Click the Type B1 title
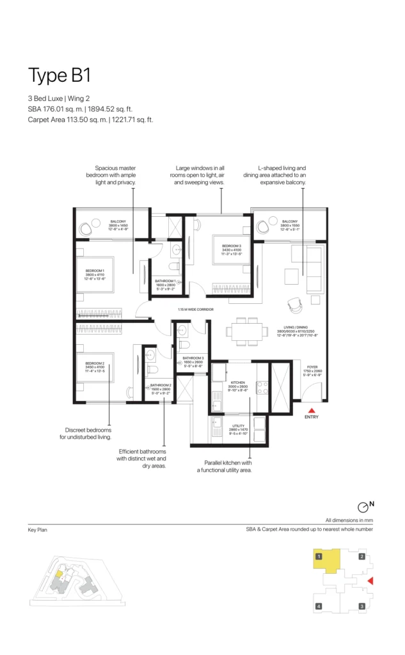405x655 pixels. pos(59,75)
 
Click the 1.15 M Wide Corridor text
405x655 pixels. pos(196,311)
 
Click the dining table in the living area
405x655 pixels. pos(247,331)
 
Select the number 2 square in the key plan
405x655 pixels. pos(361,556)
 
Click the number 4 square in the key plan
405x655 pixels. pos(318,606)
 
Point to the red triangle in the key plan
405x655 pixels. pos(369,581)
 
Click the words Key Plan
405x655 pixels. pos(37,530)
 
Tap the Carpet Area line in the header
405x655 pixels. pos(91,120)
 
